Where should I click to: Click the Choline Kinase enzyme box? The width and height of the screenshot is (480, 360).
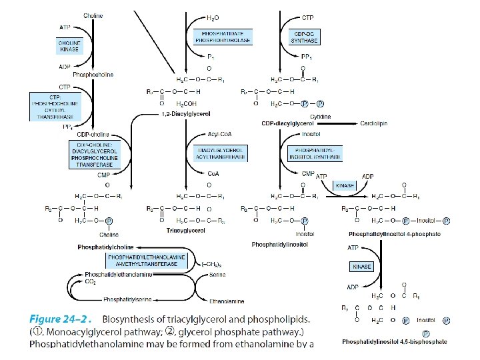point(69,46)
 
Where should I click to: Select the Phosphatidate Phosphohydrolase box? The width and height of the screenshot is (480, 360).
point(223,37)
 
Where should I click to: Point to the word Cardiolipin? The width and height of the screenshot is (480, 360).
point(378,123)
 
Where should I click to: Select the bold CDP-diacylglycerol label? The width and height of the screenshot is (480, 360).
point(288,123)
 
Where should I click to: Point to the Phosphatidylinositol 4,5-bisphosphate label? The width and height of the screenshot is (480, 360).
point(395,341)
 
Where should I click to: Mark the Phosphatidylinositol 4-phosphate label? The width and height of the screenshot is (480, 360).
point(395,234)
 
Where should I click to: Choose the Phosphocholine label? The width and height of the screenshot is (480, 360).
point(93,75)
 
